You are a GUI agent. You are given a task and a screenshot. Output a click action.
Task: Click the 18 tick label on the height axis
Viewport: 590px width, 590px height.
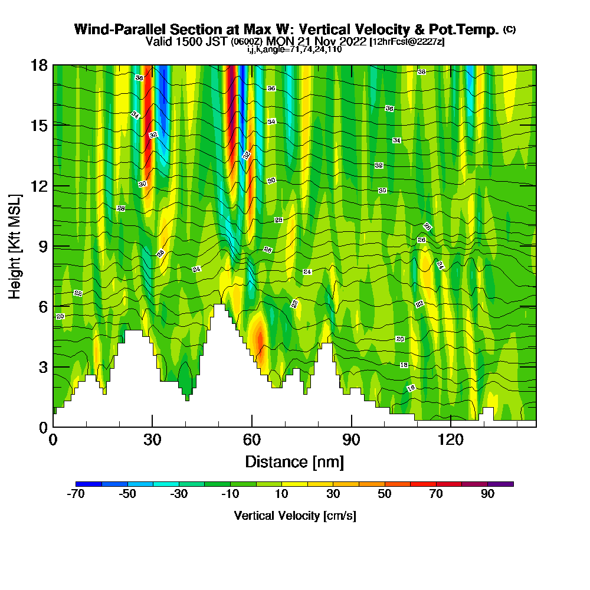tap(39, 65)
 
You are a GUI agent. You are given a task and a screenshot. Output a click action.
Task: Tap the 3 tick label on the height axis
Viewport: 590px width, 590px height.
tap(42, 367)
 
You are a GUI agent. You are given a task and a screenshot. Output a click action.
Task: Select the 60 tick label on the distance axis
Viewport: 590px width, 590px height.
tap(252, 440)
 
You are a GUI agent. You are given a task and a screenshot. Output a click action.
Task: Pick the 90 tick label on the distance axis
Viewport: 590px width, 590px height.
tap(352, 440)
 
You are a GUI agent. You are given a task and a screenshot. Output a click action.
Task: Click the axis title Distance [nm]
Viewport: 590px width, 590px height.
tap(294, 461)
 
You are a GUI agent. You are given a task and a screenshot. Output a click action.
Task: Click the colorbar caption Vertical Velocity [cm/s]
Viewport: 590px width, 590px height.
tap(295, 516)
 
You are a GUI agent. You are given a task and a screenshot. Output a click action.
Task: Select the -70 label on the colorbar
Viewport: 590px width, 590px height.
tap(77, 494)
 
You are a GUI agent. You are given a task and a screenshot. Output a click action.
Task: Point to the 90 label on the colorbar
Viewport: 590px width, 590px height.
tap(487, 494)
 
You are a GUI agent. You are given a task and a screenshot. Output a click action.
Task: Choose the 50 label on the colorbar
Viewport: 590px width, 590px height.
tap(385, 494)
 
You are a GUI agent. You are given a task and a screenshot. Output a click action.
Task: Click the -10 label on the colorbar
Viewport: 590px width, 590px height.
tap(230, 494)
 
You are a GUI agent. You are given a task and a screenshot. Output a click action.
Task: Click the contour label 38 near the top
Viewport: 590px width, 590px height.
tap(421, 72)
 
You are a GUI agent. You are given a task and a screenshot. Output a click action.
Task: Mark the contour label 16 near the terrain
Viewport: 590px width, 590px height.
tap(411, 388)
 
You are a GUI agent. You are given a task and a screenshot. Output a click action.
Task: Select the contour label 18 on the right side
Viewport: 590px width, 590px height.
tap(404, 365)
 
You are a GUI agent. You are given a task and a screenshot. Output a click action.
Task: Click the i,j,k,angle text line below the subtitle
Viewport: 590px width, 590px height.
tap(294, 50)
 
